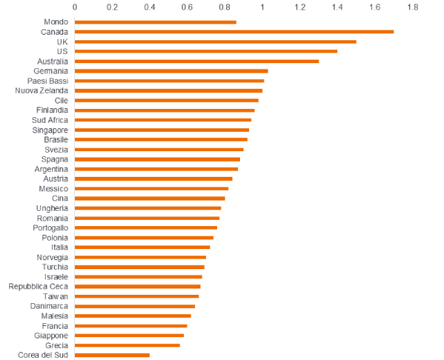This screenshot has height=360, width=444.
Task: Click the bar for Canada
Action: (x=234, y=31)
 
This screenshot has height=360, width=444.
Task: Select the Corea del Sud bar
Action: (x=112, y=355)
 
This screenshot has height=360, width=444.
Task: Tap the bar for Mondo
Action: (x=155, y=22)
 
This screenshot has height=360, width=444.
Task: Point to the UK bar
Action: (x=215, y=42)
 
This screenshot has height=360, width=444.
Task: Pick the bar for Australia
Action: (x=196, y=61)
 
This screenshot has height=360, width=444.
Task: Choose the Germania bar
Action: (x=171, y=71)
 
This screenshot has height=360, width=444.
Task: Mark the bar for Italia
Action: (x=142, y=247)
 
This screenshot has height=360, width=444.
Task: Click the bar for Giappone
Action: (x=129, y=335)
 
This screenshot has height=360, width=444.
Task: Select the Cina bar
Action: (x=150, y=198)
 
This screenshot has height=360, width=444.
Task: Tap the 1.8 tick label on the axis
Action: (x=413, y=7)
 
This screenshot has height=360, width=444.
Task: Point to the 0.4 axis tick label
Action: (x=149, y=7)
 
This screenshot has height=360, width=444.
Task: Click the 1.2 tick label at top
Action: (x=300, y=7)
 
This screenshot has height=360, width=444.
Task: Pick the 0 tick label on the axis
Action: (x=75, y=7)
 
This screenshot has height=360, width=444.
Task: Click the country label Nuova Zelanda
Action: (x=42, y=90)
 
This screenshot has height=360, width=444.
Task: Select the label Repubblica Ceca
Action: (x=38, y=286)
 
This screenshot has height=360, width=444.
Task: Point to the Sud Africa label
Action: (x=50, y=120)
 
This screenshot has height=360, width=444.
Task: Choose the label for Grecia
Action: (x=56, y=345)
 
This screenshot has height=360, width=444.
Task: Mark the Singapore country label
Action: (x=50, y=130)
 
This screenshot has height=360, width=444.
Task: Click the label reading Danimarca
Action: (x=49, y=306)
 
